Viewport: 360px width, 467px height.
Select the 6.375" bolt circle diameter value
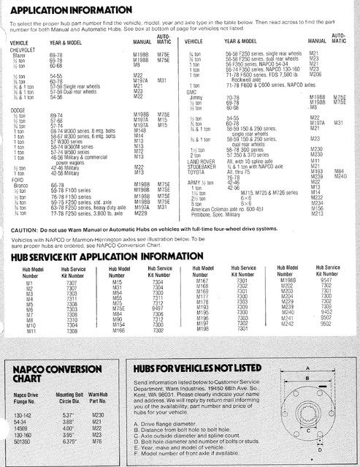click(x=71, y=441)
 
